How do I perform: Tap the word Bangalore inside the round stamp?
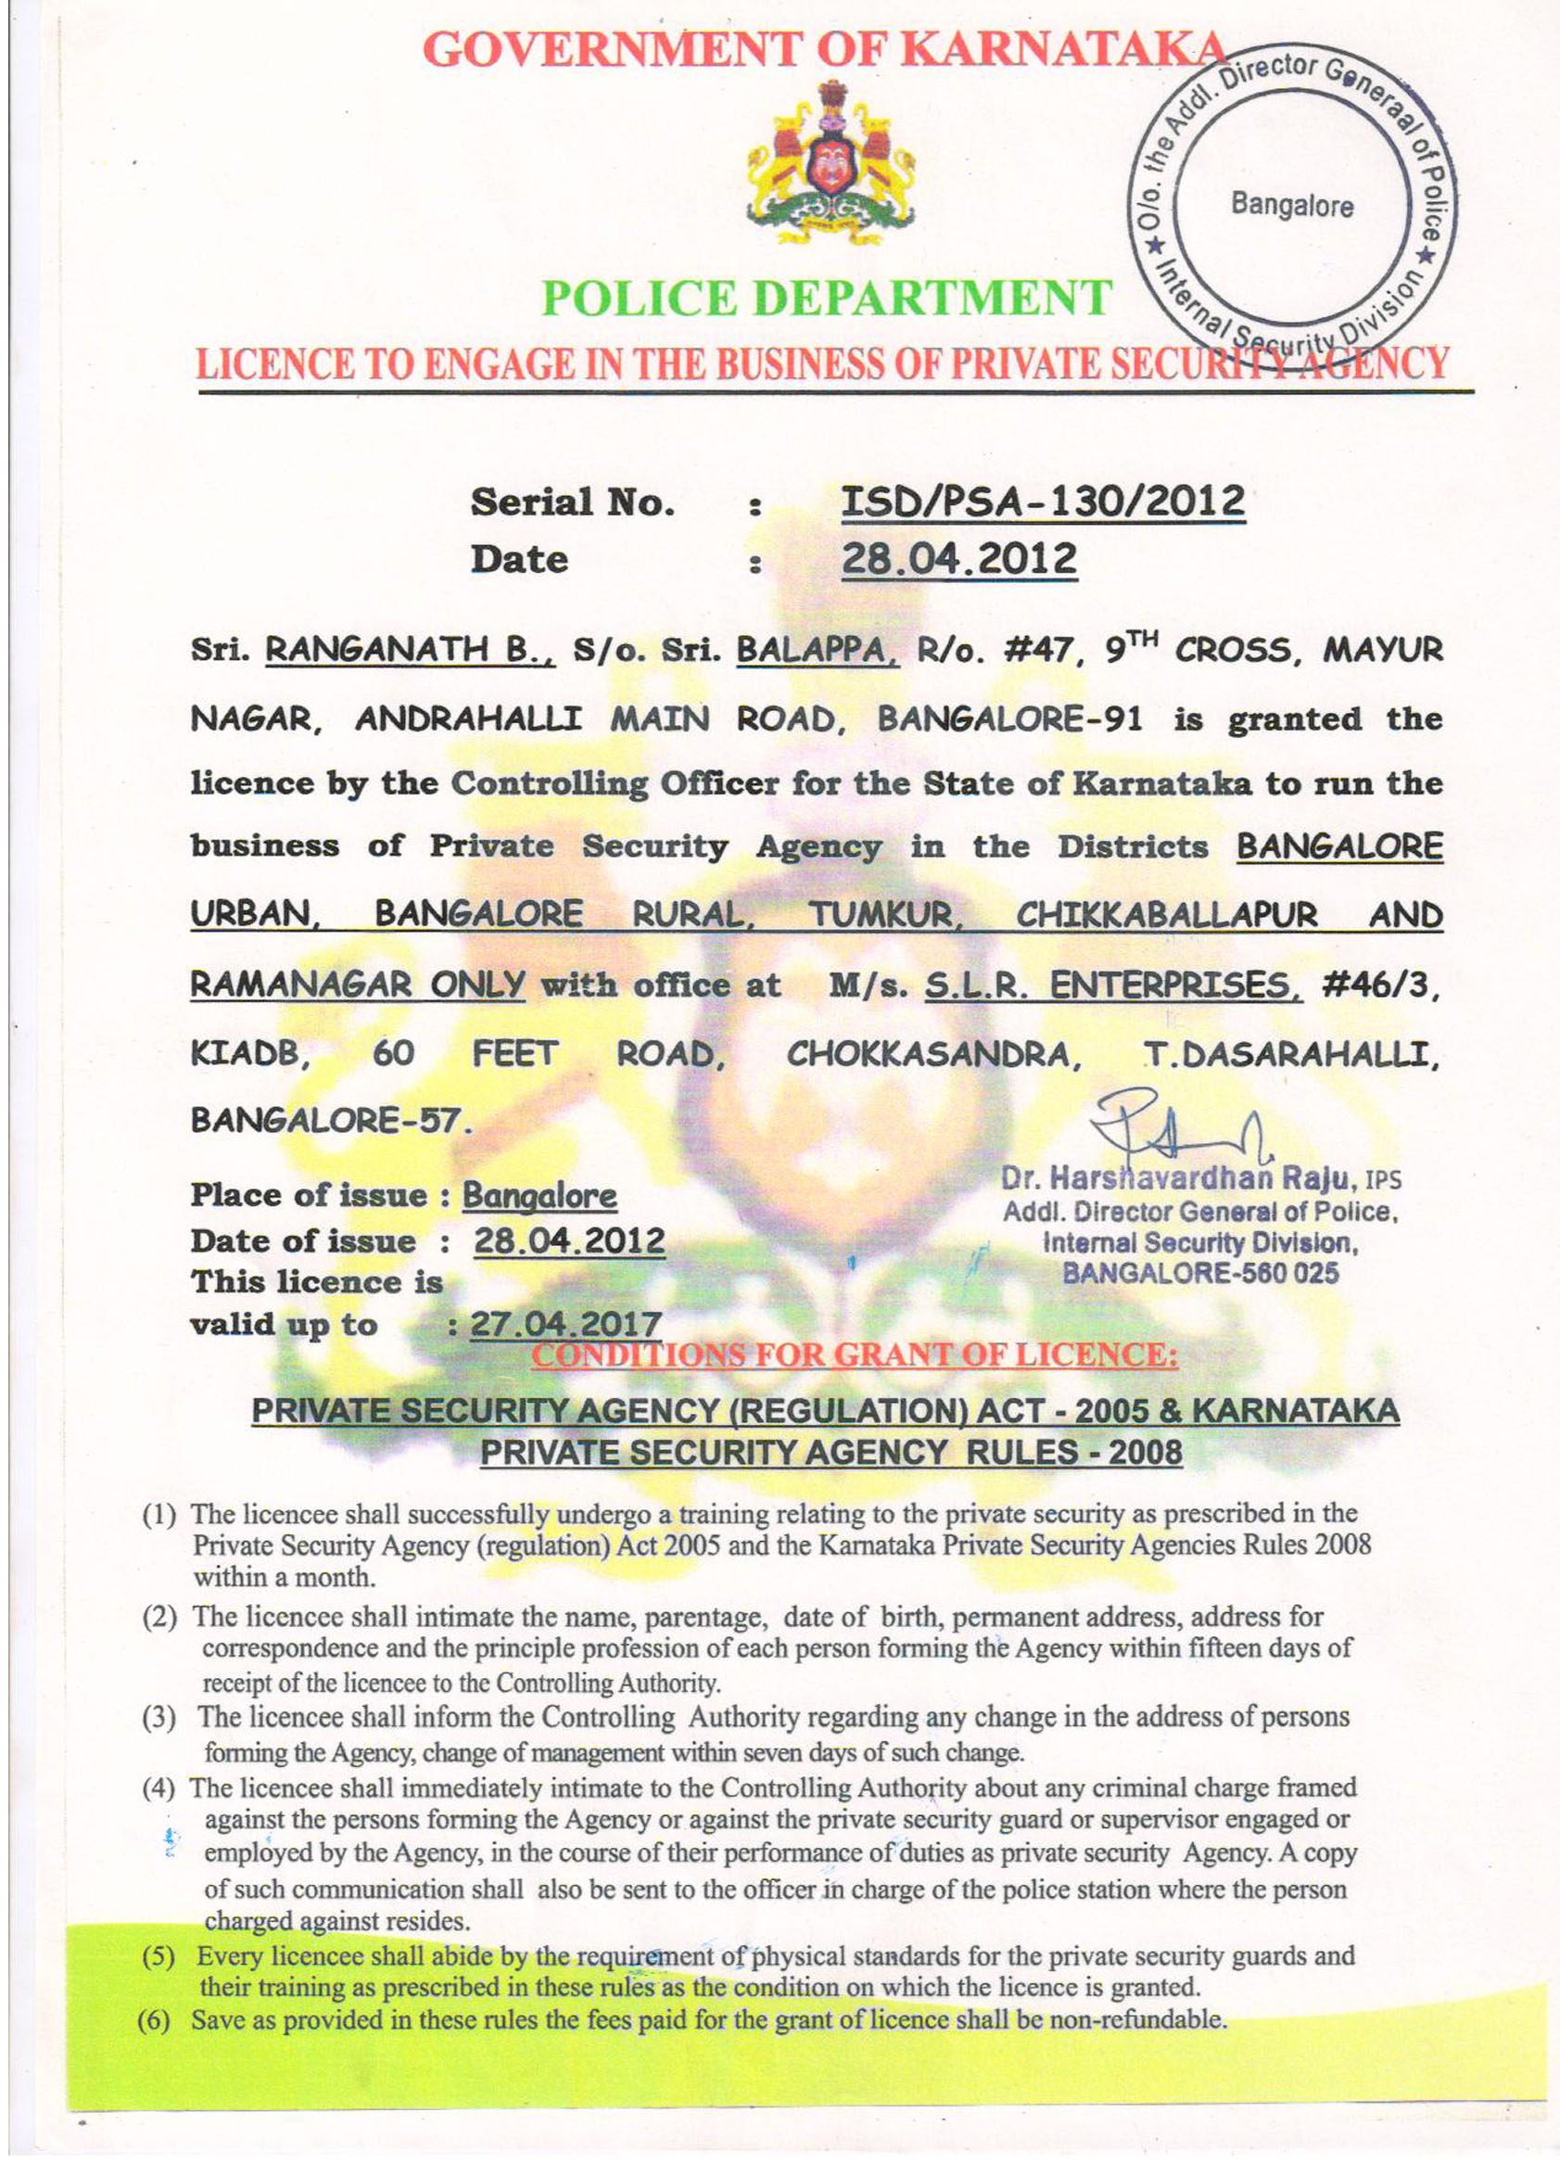1291,205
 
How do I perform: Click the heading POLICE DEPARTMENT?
826,299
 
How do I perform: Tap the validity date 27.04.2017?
566,1324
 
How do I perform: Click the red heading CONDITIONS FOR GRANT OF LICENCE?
854,1354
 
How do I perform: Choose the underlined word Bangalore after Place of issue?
539,1195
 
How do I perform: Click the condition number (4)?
159,1787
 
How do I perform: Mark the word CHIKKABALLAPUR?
1166,915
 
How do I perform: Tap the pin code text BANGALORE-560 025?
1199,1273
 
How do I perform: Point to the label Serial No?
572,502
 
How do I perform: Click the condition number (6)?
155,2020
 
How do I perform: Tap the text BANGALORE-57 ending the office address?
330,1119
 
